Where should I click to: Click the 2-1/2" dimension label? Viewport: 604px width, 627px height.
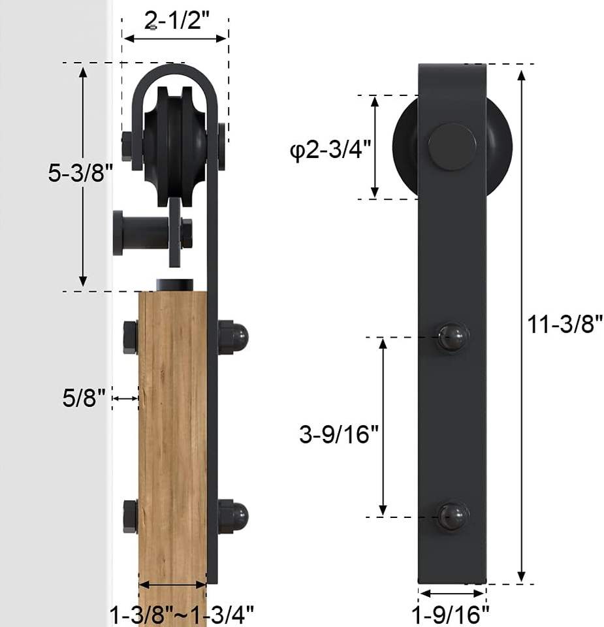tap(177, 20)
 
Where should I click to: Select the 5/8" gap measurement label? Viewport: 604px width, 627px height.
tap(84, 398)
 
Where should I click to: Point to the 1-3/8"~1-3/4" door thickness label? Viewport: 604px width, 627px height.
tap(182, 614)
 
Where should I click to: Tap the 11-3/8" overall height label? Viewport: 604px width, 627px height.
tap(565, 324)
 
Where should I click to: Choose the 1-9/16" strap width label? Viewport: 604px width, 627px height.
tap(451, 615)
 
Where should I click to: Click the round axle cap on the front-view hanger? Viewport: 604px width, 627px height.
tap(453, 147)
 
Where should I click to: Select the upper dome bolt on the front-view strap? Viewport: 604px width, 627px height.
tap(453, 337)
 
